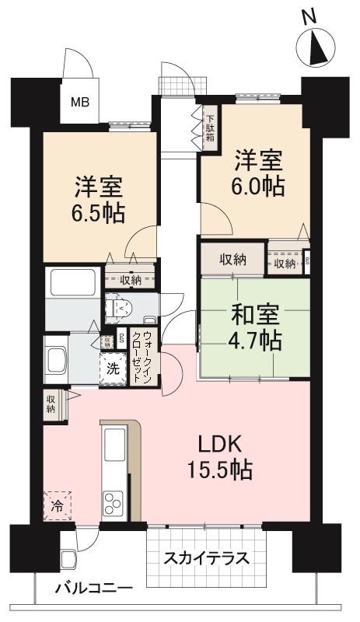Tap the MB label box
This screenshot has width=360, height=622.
pos(80,101)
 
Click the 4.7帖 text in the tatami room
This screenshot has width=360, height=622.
pos(256,341)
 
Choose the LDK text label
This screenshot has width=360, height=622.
pos(222,446)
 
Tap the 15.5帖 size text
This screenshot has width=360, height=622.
pos(222,470)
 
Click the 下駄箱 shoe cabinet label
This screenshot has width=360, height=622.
pos(210,127)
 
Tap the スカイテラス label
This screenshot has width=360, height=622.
pos(206,558)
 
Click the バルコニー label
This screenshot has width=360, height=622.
pos(93,589)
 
